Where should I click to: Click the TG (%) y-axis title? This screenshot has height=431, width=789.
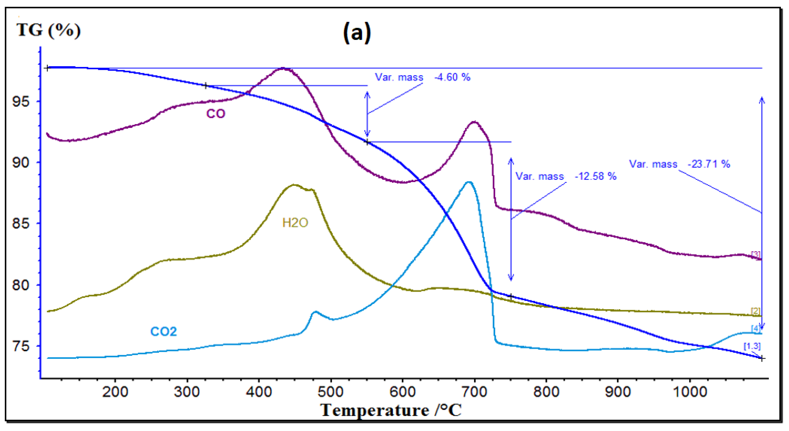point(49,30)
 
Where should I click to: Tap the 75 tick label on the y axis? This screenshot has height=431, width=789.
point(21,346)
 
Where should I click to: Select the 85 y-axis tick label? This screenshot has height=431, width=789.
point(21,223)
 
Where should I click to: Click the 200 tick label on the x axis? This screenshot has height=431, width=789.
point(115,392)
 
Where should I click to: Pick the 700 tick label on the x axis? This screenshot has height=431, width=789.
point(474,392)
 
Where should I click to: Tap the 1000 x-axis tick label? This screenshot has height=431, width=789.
point(690,392)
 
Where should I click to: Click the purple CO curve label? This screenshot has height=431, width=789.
point(216,114)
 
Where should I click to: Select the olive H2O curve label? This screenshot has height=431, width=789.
point(295,223)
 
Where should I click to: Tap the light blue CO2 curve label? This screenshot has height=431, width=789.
point(164,331)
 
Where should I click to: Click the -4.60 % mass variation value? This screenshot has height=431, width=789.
point(452,77)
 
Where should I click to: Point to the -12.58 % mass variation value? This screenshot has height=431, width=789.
point(595,176)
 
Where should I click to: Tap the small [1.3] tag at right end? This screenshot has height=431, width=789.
point(752,346)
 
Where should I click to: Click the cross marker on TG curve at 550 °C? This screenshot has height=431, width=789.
point(367,142)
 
